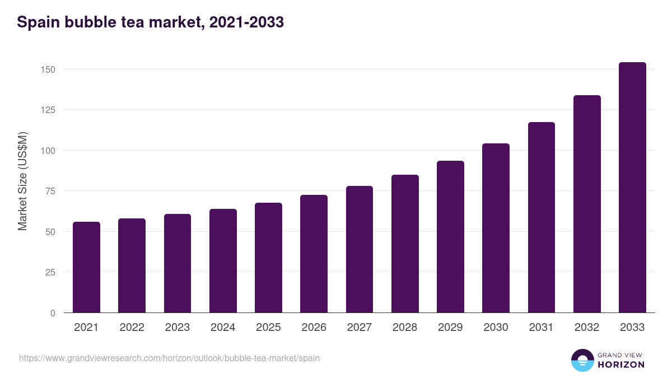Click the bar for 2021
point(86,267)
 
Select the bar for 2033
point(632,188)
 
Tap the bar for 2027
point(360,249)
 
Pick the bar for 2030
point(496,228)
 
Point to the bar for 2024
point(223,261)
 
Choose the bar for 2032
point(587,204)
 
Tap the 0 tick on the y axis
point(53,313)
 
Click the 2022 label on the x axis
point(132,328)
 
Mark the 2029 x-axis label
point(450,328)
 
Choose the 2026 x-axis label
point(314,328)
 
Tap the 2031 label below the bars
point(541,328)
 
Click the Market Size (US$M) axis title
point(22,180)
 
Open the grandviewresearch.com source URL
point(169,358)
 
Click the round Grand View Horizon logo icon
point(582,360)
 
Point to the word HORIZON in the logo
point(621,365)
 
